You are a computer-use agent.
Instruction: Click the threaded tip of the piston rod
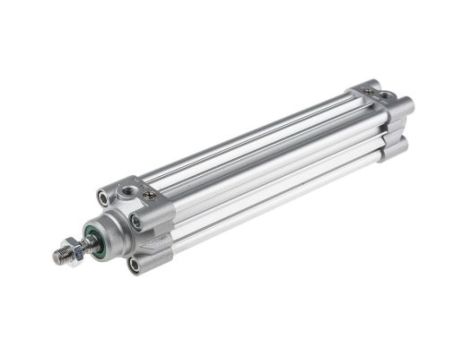[61, 257]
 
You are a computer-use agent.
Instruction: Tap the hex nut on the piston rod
[74, 248]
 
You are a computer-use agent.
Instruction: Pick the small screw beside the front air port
[150, 194]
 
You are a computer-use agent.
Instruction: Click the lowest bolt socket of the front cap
[136, 264]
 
